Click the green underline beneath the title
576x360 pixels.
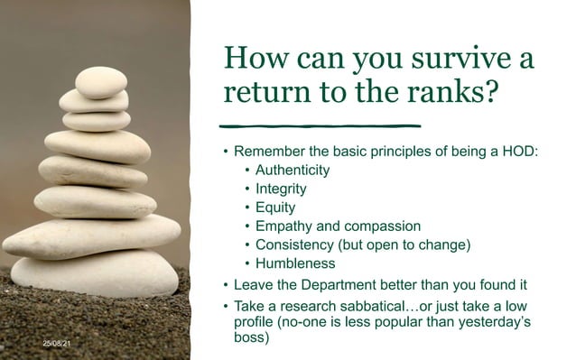(322, 125)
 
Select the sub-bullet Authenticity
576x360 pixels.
(293, 170)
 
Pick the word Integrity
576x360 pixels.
(281, 189)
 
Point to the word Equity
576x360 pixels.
(275, 208)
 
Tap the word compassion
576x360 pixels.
(383, 226)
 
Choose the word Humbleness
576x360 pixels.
(295, 263)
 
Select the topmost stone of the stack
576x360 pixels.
(100, 82)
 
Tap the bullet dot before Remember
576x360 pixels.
(226, 151)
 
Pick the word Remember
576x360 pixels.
(266, 151)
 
